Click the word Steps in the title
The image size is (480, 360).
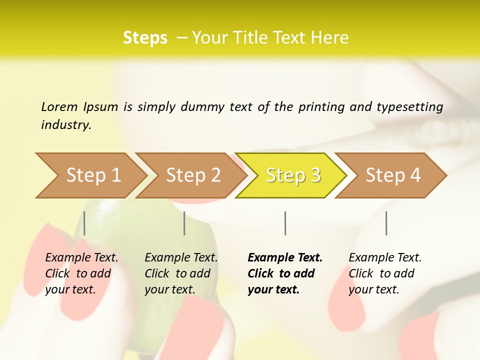145,38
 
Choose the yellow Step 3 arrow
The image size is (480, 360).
293,175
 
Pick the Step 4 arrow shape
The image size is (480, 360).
393,175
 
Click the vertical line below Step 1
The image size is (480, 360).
84,223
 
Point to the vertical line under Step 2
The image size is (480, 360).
184,223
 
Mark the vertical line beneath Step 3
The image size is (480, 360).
285,223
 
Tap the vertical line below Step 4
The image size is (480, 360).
386,223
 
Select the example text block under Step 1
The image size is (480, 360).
81,273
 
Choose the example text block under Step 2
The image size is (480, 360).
181,273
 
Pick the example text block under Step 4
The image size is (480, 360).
385,273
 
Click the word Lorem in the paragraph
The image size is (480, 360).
59,106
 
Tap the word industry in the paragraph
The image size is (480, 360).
66,125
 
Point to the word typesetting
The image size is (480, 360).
409,107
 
